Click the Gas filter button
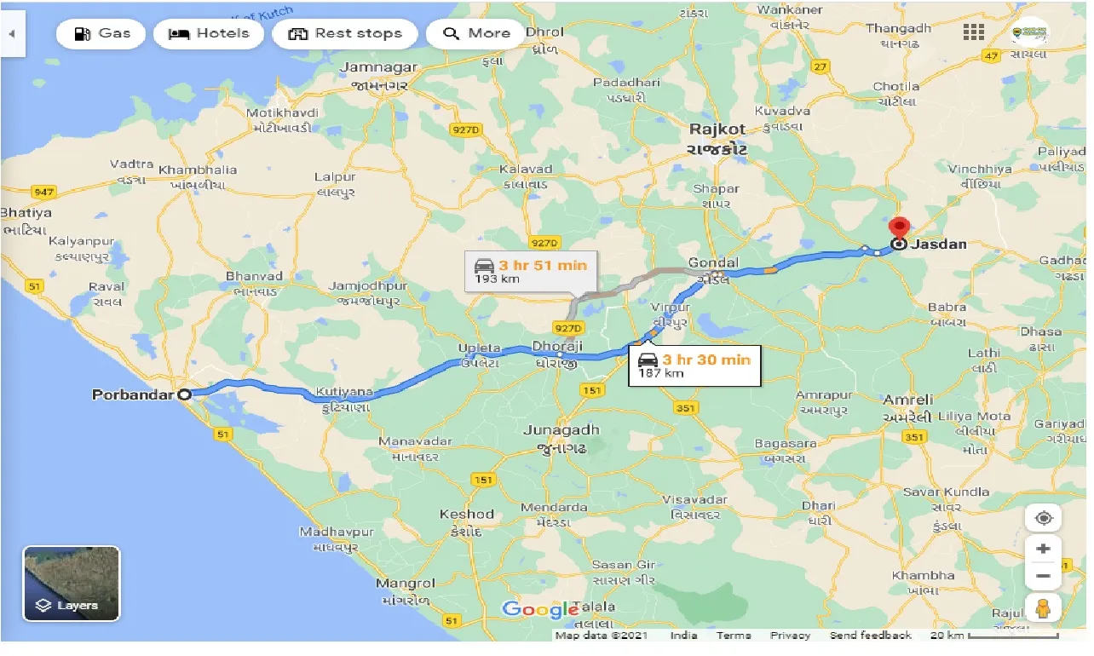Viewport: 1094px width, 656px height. click(x=101, y=34)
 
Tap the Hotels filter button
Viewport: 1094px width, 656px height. click(x=208, y=34)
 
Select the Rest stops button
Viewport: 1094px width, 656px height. click(x=344, y=34)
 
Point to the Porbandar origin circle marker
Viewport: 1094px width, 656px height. click(x=184, y=394)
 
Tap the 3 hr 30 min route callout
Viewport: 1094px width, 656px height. click(x=694, y=365)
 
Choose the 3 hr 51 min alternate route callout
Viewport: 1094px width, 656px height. click(x=531, y=271)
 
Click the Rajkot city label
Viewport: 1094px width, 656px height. click(x=717, y=130)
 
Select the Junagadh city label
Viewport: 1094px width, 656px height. click(x=561, y=430)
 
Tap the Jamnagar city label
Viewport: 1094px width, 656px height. click(x=378, y=67)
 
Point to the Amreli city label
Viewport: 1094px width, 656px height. click(x=907, y=400)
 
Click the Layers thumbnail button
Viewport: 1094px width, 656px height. click(x=72, y=584)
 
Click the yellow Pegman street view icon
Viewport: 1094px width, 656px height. click(x=1043, y=608)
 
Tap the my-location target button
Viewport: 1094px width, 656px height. click(x=1043, y=518)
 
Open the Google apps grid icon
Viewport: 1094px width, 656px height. click(x=974, y=32)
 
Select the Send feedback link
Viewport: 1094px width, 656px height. click(x=871, y=636)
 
